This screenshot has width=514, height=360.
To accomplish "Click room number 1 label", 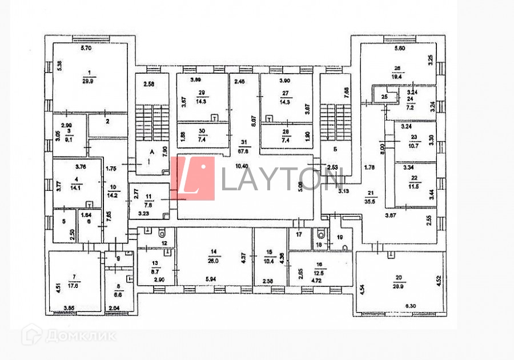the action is pos(89,73).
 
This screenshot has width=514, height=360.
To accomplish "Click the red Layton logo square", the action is pos(193,178).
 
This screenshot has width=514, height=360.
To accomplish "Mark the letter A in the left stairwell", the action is pos(151,153).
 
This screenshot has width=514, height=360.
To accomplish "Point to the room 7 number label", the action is pos(73,278).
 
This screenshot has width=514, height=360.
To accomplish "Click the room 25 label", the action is pos(384,98).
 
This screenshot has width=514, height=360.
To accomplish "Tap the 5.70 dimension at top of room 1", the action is pos(86,49).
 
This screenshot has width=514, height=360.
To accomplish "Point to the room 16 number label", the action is pos(319,265).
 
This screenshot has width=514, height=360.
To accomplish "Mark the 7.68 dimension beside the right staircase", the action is pos(347,92).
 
